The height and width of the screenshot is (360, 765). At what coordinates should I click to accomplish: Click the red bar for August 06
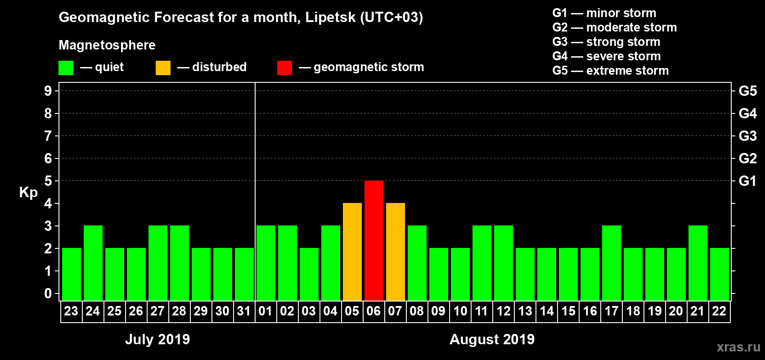point(373,240)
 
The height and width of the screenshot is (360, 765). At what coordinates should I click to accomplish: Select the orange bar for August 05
point(352,252)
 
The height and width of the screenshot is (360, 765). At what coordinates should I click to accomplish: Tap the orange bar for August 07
point(395,252)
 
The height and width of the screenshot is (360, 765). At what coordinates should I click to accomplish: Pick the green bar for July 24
point(93,263)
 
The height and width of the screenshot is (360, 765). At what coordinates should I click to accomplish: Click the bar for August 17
point(611,263)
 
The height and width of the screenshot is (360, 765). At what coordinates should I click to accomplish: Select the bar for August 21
point(697,263)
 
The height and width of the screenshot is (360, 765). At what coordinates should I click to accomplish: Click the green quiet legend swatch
point(66,68)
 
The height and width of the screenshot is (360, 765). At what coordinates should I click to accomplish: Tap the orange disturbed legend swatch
point(163,68)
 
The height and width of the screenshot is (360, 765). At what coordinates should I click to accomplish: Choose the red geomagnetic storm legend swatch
point(284,68)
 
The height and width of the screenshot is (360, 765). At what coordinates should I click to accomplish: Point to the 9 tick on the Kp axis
point(48,91)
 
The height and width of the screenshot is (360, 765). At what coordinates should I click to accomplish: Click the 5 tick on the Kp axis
point(48,181)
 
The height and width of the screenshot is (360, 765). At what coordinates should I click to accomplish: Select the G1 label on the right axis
point(747,181)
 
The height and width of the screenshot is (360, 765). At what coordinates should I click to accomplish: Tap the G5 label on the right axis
point(747,91)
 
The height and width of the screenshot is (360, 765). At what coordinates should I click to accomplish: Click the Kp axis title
point(28,192)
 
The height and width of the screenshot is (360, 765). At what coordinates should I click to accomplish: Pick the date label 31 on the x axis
point(244,311)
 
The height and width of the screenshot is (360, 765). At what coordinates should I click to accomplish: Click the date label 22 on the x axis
point(719,311)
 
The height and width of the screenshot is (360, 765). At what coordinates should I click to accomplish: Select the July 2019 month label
point(157,339)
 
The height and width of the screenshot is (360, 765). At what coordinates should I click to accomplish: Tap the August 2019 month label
point(492,339)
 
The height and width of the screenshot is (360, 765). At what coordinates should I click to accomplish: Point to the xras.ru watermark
point(738,347)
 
